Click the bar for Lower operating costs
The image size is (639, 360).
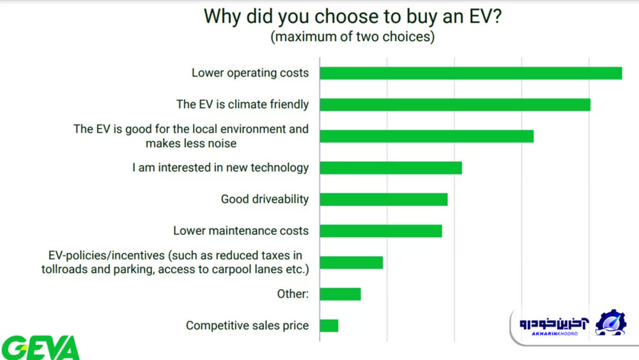[x=471, y=73]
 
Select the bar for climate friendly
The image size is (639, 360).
[x=455, y=105]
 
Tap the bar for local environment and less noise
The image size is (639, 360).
[x=427, y=136]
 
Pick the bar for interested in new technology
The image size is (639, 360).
[x=391, y=168]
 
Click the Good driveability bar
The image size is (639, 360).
[x=383, y=200]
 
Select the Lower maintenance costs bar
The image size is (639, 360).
[x=381, y=231]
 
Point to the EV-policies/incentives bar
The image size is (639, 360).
[x=351, y=263]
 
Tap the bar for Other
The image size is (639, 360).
[x=341, y=294]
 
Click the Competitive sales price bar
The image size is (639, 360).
[x=329, y=325]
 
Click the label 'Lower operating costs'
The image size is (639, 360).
[x=250, y=73]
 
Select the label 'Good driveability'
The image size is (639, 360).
[x=265, y=200]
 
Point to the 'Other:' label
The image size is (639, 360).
[x=293, y=294]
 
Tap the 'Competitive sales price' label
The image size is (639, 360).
[x=247, y=325]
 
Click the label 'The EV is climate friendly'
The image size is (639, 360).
[x=242, y=105]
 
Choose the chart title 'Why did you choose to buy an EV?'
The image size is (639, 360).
[x=353, y=17]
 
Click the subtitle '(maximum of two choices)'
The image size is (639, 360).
[x=353, y=36]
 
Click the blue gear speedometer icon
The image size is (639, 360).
[x=610, y=322]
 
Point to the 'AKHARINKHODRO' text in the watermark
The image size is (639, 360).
[x=555, y=334]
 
